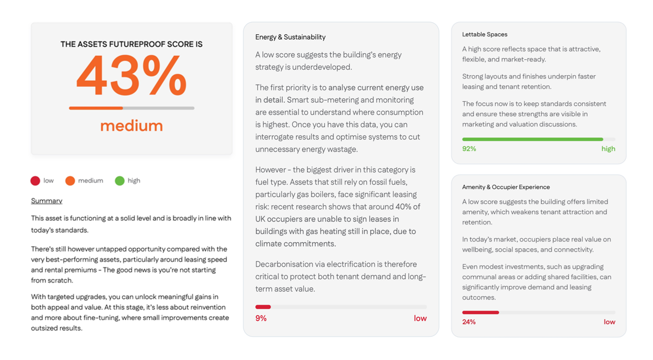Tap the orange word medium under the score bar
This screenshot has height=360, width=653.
(x=131, y=126)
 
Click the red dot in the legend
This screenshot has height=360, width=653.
(x=35, y=181)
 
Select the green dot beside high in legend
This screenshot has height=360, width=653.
(x=120, y=181)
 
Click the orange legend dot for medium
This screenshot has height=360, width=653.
(x=70, y=181)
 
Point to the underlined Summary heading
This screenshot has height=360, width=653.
(x=46, y=201)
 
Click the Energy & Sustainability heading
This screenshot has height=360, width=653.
(x=290, y=37)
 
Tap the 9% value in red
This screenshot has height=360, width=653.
(x=261, y=319)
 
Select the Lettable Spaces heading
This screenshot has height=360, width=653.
(x=484, y=34)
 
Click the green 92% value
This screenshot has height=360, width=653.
(x=469, y=149)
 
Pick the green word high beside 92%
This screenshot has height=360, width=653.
(x=608, y=149)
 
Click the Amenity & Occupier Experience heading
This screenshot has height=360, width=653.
(x=506, y=187)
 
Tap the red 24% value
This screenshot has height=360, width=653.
(x=469, y=322)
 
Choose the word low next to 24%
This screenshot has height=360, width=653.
(x=609, y=322)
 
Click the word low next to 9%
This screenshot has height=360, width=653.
(x=420, y=319)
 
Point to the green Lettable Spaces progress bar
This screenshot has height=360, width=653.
(x=532, y=139)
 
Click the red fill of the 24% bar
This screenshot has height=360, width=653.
(x=480, y=312)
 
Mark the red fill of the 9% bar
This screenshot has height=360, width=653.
(x=263, y=307)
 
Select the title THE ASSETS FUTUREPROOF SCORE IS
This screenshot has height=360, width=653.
(x=131, y=44)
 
